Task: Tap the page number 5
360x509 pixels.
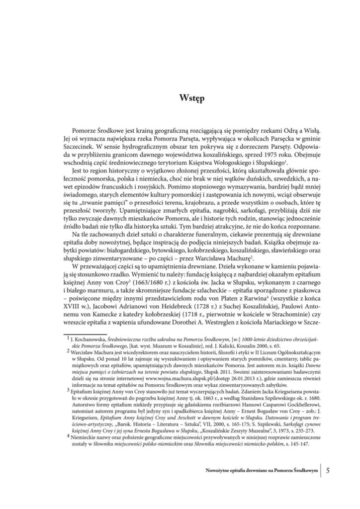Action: (329, 469)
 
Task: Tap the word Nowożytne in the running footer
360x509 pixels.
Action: (220, 470)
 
